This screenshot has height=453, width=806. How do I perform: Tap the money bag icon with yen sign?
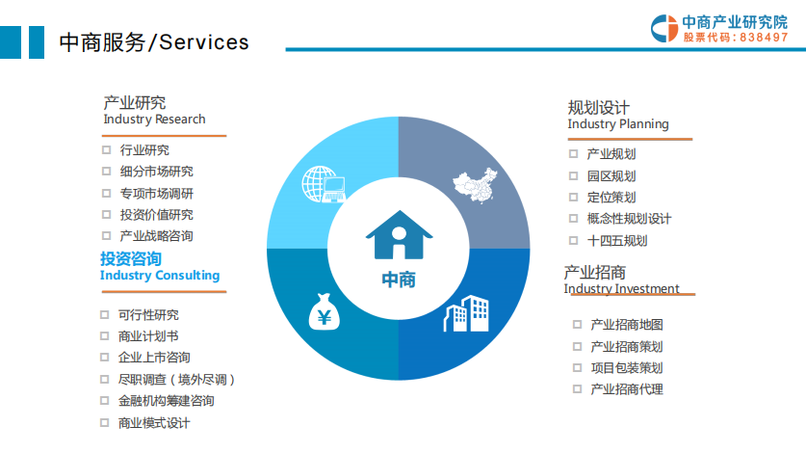click(x=324, y=311)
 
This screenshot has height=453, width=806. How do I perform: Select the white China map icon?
click(x=475, y=185)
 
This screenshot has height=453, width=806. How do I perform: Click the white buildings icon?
click(x=466, y=313)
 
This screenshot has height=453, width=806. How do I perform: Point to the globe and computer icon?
click(x=324, y=184)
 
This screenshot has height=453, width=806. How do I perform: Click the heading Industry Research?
click(x=154, y=119)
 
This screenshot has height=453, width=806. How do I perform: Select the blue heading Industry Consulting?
click(x=160, y=276)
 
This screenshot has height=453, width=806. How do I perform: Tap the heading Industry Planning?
click(x=618, y=124)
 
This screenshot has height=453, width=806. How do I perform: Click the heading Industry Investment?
click(x=621, y=288)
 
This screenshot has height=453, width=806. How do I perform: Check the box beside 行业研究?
click(x=106, y=149)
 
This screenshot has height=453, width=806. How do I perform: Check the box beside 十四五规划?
click(x=574, y=240)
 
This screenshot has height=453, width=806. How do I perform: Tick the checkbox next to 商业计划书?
click(x=104, y=335)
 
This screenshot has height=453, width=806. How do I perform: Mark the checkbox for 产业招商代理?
click(x=577, y=388)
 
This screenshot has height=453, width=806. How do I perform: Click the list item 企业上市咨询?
click(x=154, y=358)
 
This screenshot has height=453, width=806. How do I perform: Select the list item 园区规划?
click(x=611, y=176)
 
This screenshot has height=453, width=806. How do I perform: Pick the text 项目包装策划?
click(x=627, y=367)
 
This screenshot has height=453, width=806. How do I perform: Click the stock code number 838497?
click(x=764, y=37)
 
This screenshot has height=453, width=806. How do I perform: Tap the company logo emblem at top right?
click(x=664, y=28)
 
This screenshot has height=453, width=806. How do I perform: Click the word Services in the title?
click(x=204, y=42)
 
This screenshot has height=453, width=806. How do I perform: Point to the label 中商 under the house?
click(x=399, y=280)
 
